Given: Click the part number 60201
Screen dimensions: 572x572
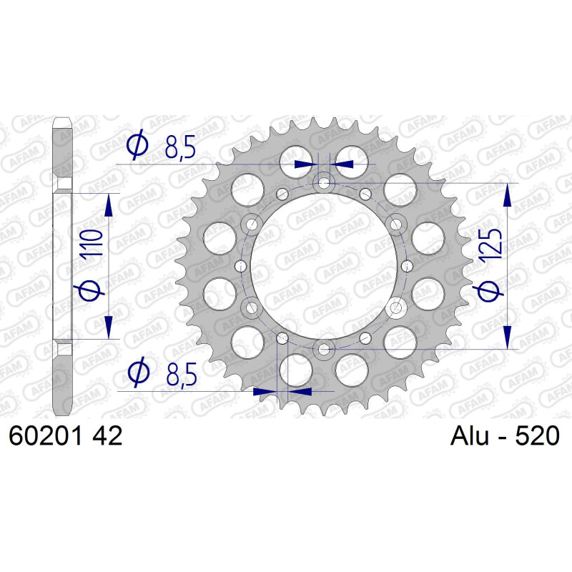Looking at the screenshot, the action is [x=45, y=435].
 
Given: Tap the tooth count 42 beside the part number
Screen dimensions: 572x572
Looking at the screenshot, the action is [x=107, y=435].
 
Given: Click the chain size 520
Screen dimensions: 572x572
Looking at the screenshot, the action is [x=537, y=435].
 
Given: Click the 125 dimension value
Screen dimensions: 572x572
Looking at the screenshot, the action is [x=490, y=247].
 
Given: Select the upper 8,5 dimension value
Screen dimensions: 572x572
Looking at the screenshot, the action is [x=180, y=147].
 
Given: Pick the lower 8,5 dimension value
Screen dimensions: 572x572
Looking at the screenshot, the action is [x=182, y=374].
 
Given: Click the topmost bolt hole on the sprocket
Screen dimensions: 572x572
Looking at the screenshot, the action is [x=324, y=183].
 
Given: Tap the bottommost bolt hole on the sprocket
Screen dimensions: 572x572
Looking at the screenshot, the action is [x=323, y=350].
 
